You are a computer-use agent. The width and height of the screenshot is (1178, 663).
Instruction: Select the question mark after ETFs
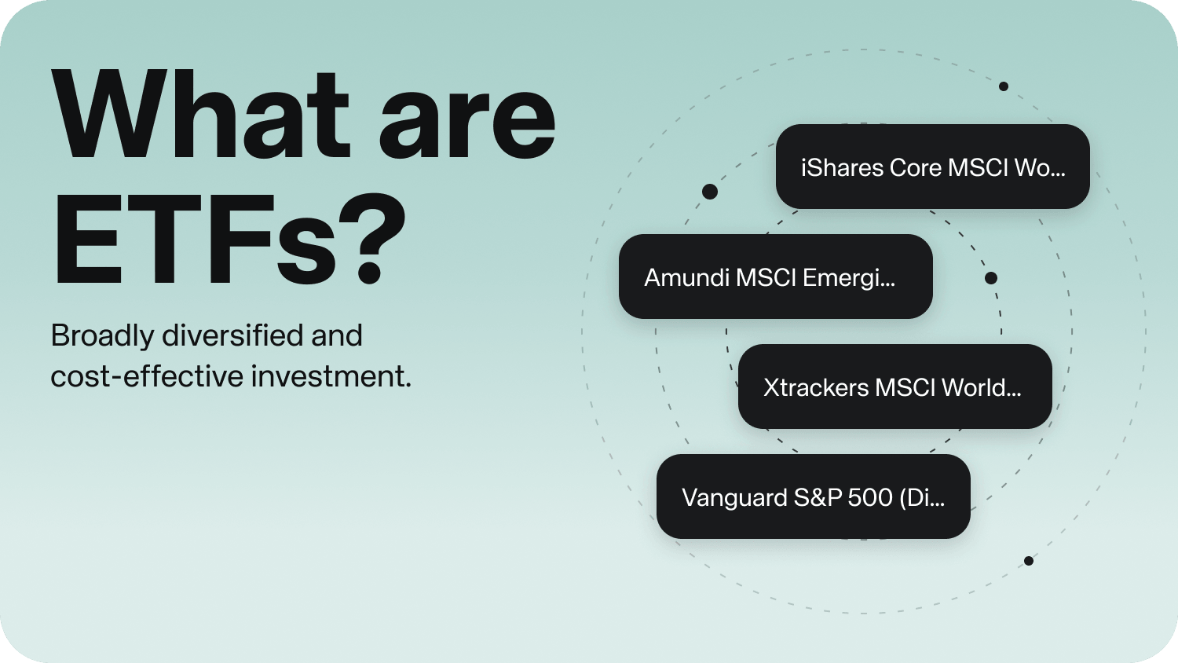click(x=368, y=240)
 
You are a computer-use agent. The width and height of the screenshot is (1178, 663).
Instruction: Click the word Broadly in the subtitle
click(x=102, y=336)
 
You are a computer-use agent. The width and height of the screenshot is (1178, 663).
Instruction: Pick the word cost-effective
click(x=146, y=376)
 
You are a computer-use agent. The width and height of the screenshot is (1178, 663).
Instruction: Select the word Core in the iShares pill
click(x=916, y=167)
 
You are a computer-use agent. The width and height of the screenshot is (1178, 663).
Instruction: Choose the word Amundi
click(x=686, y=277)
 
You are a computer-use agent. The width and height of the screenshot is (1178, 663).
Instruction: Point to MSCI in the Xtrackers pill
click(x=905, y=387)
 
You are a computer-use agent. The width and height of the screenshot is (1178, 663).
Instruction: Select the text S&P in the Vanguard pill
click(x=807, y=497)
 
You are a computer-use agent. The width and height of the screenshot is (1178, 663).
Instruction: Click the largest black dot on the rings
click(x=710, y=192)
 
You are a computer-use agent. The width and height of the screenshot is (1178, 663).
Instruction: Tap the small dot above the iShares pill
click(x=1004, y=86)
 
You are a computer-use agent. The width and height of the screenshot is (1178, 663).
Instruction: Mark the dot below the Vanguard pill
click(x=1029, y=561)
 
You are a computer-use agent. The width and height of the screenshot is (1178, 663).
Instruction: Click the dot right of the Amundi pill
click(x=991, y=278)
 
